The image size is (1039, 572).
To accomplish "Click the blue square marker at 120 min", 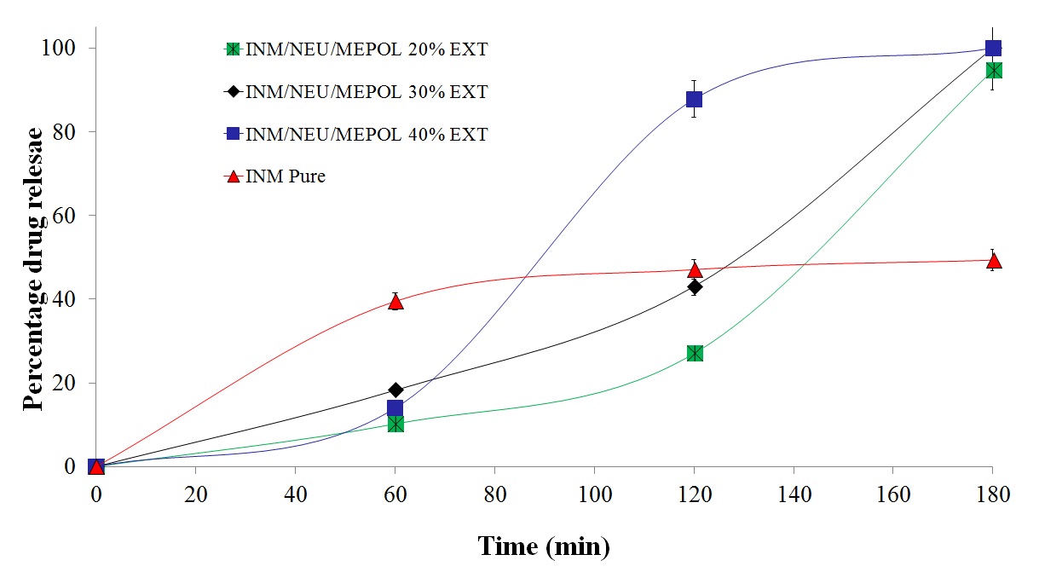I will coord(695,99).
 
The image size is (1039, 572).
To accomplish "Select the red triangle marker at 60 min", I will coord(395,301).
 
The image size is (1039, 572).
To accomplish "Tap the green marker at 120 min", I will coord(695,353).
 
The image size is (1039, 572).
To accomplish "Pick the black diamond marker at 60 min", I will coord(395,390).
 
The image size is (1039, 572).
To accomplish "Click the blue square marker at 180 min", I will coord(993,48).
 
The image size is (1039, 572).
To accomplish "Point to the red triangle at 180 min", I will coord(993,261).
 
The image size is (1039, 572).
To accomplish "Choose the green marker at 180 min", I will coord(993,70).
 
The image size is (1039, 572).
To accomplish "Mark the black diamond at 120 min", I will coord(695,286).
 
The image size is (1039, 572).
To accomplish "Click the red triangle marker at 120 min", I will coord(695,270).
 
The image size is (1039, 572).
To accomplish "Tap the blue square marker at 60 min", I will coord(395,408).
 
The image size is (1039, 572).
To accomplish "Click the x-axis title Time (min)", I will coord(544,545).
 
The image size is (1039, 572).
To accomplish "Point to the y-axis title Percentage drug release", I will coord(33,269).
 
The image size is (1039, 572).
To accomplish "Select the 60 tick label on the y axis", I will coord(68,216).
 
